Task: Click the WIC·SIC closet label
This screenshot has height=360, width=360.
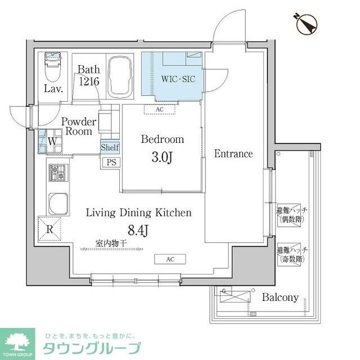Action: (178, 79)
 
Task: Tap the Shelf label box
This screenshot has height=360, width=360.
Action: (109, 147)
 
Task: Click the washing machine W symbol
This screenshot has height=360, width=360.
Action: (51, 142)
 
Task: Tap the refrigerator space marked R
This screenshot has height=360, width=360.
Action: (49, 228)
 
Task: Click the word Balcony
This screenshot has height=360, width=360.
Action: (280, 298)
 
